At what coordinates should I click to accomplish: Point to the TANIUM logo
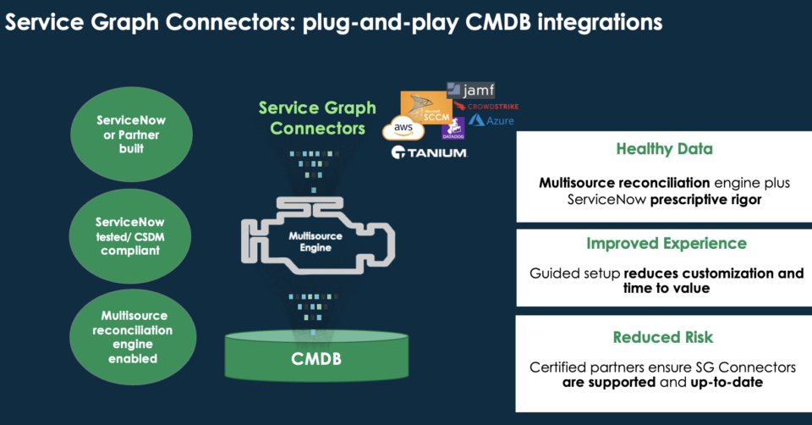point(429,153)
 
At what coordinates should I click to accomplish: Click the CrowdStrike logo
point(486,106)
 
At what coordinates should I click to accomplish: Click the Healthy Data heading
point(664,149)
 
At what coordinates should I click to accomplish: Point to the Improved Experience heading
point(666,244)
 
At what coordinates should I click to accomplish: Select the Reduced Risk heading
point(664,337)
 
